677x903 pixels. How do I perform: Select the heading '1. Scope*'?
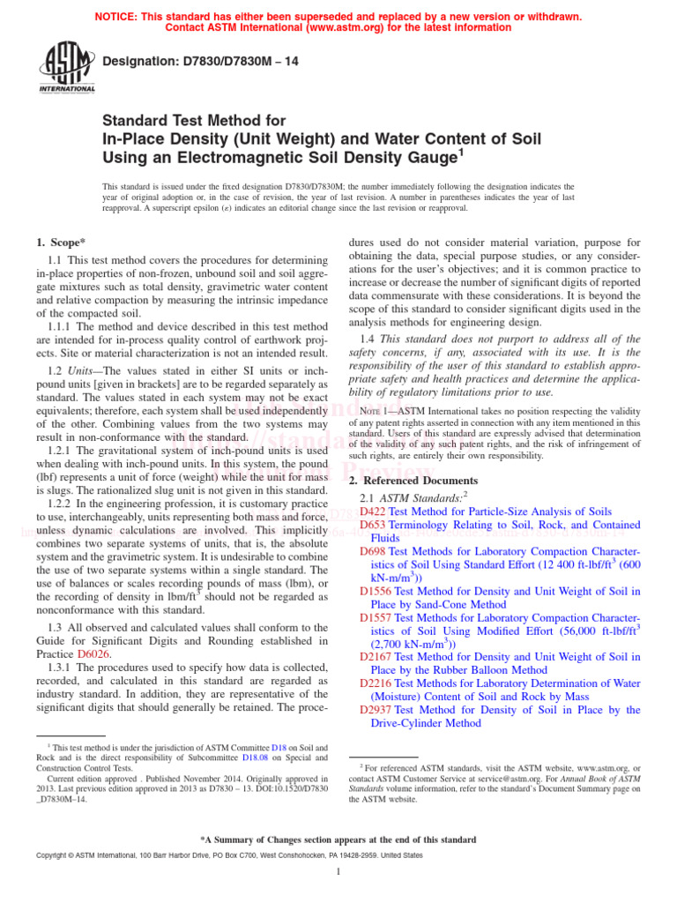[63, 242]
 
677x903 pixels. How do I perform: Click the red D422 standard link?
[373, 511]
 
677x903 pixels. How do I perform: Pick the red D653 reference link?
[373, 525]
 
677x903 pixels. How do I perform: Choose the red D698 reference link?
[373, 551]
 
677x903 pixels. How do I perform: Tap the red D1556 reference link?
[376, 591]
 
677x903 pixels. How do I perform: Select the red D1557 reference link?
[376, 617]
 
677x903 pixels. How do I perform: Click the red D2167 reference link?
[376, 657]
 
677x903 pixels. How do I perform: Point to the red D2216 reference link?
[376, 683]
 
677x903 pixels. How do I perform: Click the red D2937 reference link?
[376, 710]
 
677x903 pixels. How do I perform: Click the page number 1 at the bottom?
[338, 873]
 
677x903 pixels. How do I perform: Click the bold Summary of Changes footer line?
[338, 839]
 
